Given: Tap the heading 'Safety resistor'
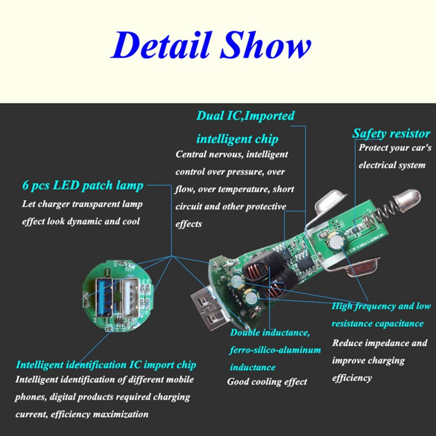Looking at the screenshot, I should [391, 134].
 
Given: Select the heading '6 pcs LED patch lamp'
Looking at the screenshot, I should [83, 186].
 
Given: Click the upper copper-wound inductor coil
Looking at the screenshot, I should [258, 269].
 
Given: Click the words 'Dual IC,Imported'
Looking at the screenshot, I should [245, 116].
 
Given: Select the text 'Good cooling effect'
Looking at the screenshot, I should [267, 382].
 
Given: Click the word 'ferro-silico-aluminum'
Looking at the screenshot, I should [275, 350].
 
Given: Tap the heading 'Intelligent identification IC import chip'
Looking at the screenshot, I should [106, 365].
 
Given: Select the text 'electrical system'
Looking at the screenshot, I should [392, 165].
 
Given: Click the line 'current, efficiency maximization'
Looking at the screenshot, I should [82, 414].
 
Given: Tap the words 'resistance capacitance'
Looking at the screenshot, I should [377, 324].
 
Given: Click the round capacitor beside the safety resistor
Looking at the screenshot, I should [336, 241].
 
